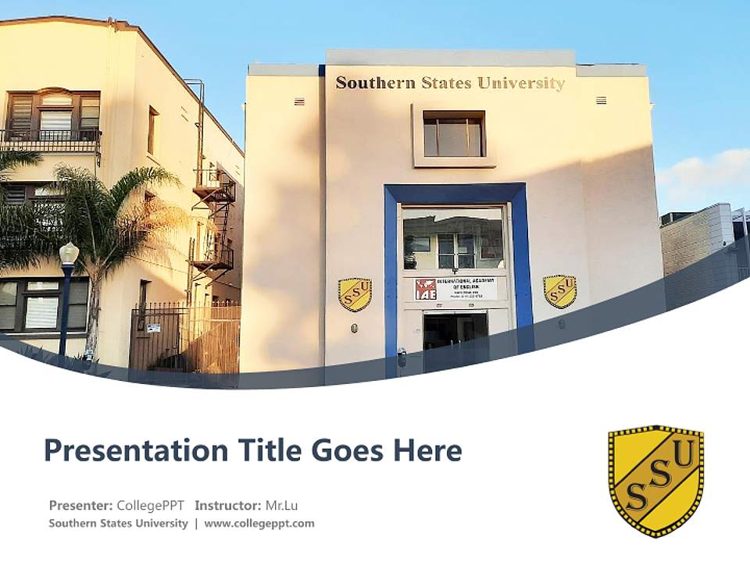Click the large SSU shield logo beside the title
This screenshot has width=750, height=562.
655,480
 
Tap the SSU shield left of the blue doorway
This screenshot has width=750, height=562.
355,294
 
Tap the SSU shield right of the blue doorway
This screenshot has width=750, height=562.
559,290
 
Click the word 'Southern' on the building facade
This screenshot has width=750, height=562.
370,83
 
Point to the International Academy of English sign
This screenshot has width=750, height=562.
455,289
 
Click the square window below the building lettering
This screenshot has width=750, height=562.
454,133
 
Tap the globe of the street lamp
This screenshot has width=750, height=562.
69,253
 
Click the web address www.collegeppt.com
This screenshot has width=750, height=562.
259,523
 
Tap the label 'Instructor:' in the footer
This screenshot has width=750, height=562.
228,505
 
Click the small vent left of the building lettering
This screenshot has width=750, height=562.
299,101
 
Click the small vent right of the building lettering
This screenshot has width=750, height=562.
601,100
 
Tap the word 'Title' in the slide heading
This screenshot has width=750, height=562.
273,450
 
